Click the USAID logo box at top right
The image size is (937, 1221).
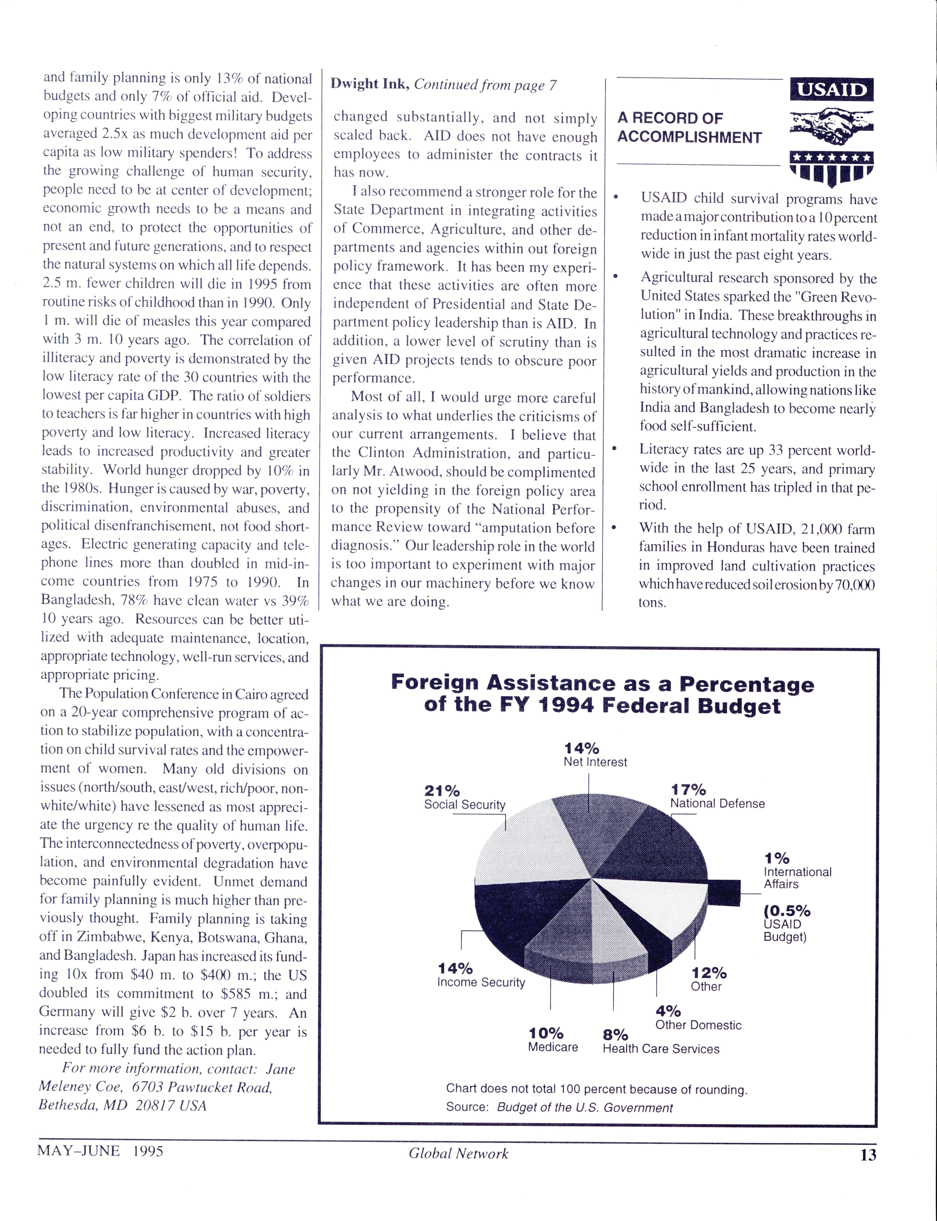click(832, 90)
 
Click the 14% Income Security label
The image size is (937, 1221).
click(481, 975)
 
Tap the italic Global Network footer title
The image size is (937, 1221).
click(458, 1153)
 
